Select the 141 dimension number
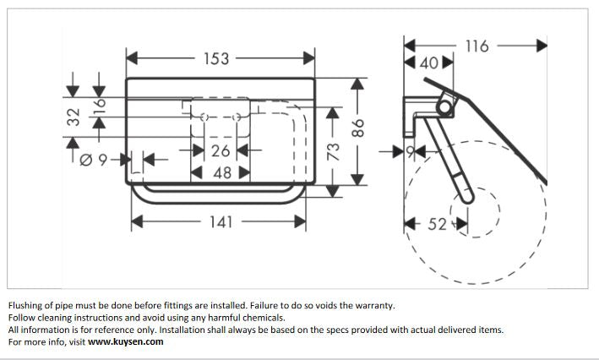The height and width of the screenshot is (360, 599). tap(219, 221)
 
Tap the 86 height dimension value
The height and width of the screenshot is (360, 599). tap(357, 129)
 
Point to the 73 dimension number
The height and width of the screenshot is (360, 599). tap(333, 153)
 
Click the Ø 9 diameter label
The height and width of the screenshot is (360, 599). tap(95, 157)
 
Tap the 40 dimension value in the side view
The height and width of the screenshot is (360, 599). tap(429, 63)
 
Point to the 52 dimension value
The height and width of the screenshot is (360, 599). tap(436, 224)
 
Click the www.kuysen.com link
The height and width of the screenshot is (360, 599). tap(126, 342)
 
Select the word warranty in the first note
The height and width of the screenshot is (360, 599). tap(373, 306)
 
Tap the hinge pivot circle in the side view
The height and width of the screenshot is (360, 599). tap(444, 107)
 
